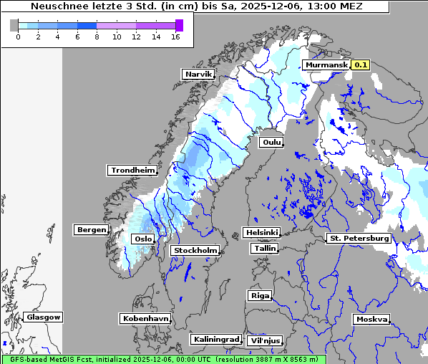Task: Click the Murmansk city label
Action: (326, 65)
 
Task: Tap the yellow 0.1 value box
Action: (360, 65)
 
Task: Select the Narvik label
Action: (198, 74)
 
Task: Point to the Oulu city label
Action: (271, 142)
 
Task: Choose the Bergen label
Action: (90, 230)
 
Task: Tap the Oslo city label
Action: (144, 239)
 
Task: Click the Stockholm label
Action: (195, 250)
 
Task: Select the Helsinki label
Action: (261, 232)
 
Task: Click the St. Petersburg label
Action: (358, 238)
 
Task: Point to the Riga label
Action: (259, 295)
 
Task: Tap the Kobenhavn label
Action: (145, 317)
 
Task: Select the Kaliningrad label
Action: (215, 339)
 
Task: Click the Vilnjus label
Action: (264, 340)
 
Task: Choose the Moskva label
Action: (371, 319)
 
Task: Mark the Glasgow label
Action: (43, 317)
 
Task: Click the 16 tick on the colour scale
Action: (175, 37)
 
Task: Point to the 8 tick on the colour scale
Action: (97, 37)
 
